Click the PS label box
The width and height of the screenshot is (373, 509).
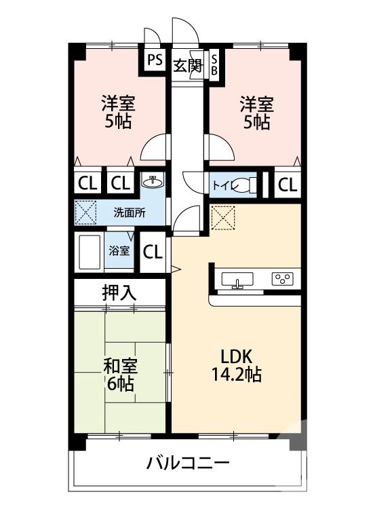click(x=155, y=59)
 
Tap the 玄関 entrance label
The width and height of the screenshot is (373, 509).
click(x=188, y=66)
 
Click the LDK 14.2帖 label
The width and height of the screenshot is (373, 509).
click(x=235, y=365)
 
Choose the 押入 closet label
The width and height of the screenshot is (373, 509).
click(x=119, y=293)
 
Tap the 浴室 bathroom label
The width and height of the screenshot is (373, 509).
click(x=119, y=250)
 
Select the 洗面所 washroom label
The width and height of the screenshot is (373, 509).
click(x=129, y=212)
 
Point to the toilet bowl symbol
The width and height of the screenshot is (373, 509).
click(x=248, y=185)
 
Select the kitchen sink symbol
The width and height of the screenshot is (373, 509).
click(x=237, y=280)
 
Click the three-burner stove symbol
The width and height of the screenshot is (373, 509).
click(x=281, y=279)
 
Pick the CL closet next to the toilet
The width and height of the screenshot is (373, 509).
click(x=287, y=185)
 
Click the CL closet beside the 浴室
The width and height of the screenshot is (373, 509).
click(x=153, y=252)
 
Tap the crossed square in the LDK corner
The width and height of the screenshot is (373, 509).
click(x=221, y=218)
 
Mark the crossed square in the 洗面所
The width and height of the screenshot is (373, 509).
click(x=86, y=213)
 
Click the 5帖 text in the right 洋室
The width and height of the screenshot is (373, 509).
click(x=257, y=123)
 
